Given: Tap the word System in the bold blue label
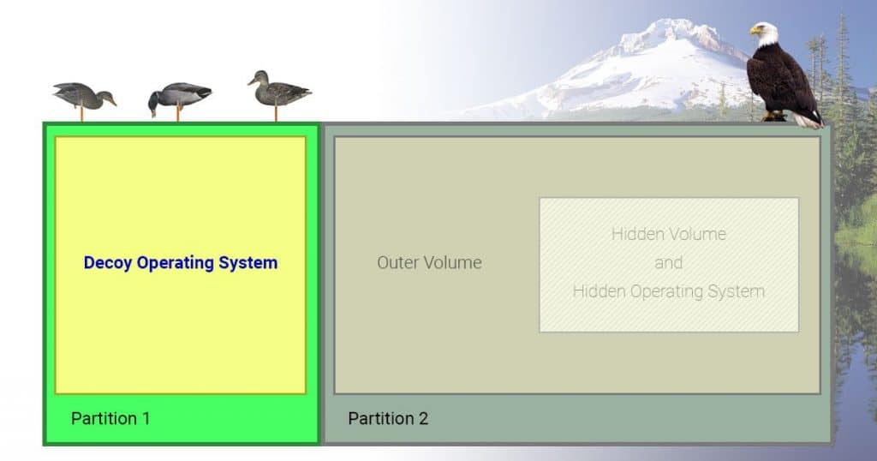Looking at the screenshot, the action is click(248, 263).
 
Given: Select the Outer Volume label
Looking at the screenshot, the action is click(430, 262).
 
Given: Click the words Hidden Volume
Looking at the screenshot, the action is click(668, 234).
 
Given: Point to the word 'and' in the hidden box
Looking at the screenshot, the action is click(668, 262).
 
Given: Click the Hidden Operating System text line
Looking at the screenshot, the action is click(668, 291).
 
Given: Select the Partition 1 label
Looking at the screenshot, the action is click(110, 418).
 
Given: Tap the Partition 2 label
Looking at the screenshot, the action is click(388, 418).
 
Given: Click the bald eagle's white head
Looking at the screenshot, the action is click(765, 33).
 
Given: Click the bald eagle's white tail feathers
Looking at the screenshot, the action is click(808, 120).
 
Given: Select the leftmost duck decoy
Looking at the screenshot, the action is click(84, 96).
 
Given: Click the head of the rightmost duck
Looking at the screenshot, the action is click(258, 77).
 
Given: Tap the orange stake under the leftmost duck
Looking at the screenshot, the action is click(82, 114).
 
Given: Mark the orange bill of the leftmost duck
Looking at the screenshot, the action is click(112, 102).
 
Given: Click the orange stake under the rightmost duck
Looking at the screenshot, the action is click(276, 113).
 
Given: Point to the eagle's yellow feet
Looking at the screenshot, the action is click(774, 117).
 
